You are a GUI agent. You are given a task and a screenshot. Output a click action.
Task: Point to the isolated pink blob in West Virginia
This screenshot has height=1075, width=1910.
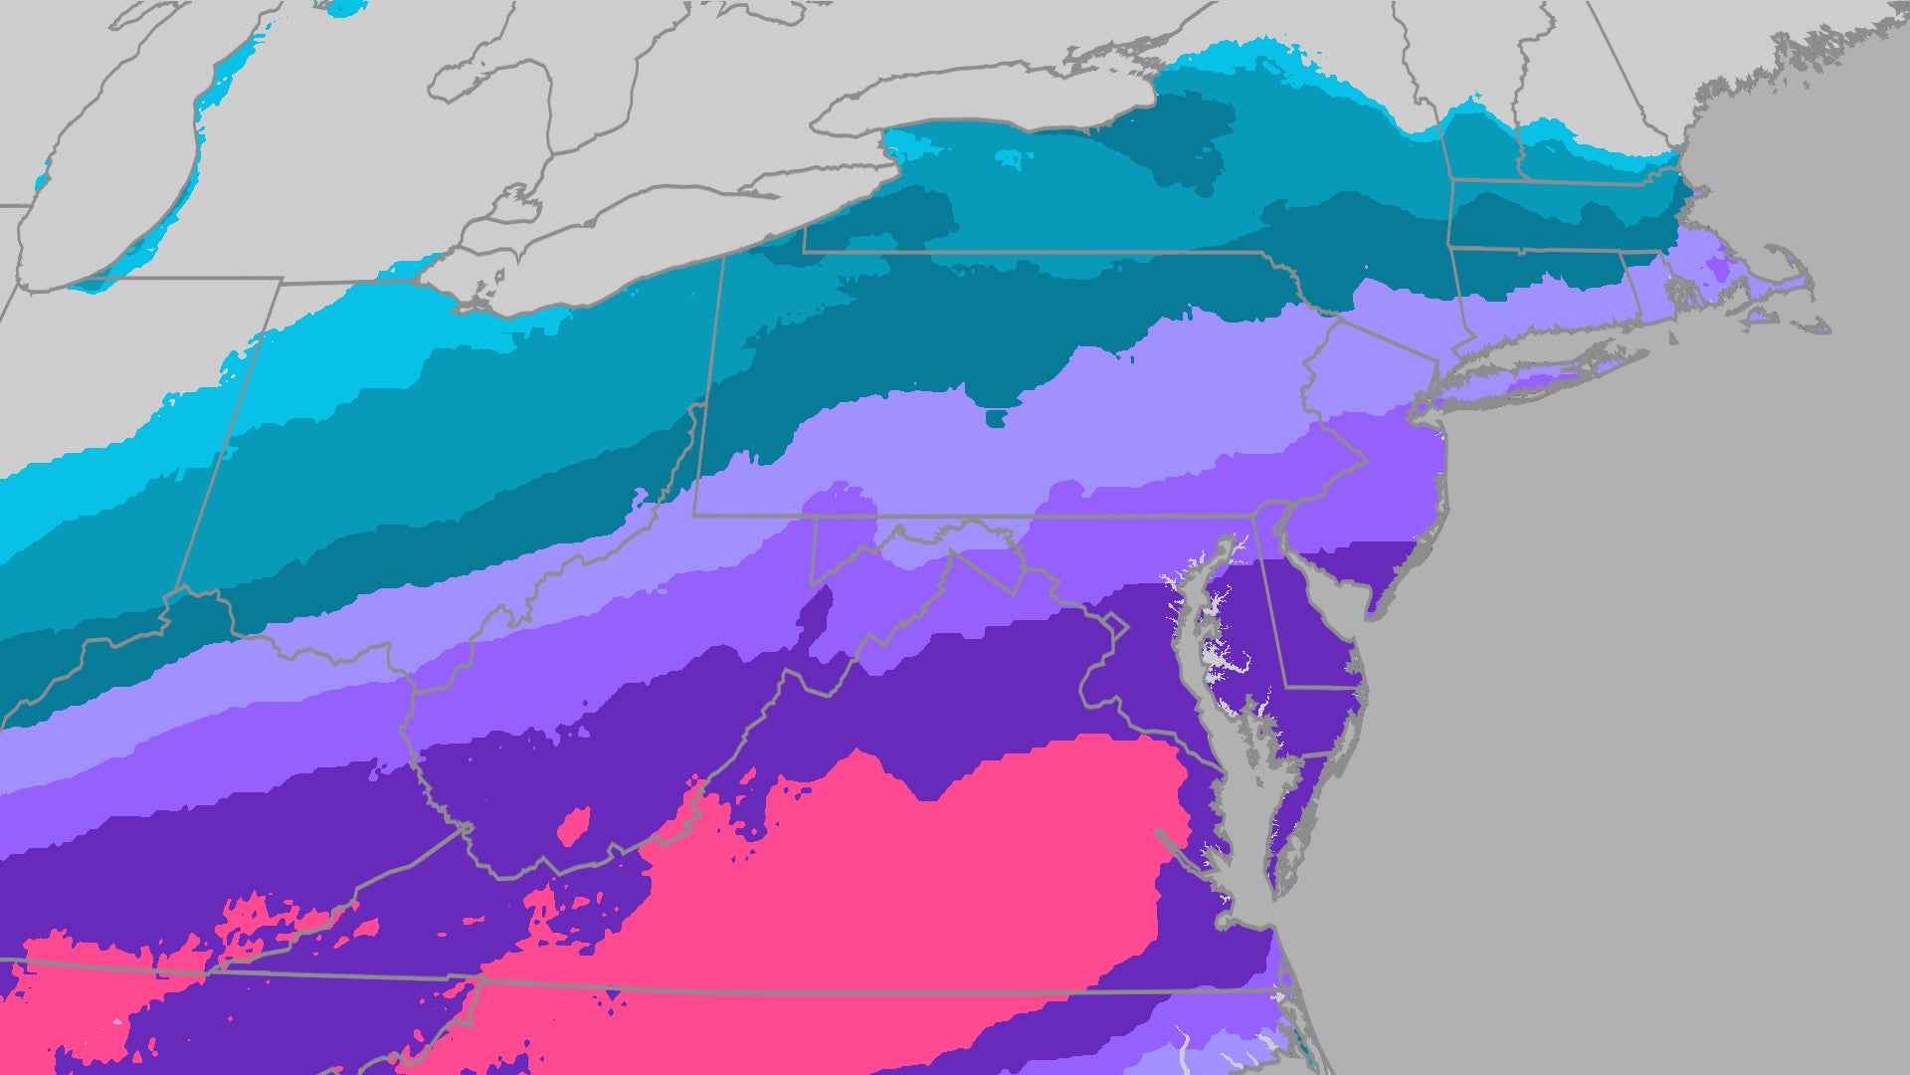pyautogui.click(x=574, y=826)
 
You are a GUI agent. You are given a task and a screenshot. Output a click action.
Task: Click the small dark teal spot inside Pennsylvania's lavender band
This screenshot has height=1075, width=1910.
pyautogui.click(x=995, y=417)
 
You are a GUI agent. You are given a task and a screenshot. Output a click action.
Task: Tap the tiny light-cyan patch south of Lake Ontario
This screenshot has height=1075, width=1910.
pyautogui.click(x=1009, y=157)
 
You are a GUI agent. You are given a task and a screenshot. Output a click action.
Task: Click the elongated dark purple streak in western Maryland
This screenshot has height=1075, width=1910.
pyautogui.click(x=814, y=611)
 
